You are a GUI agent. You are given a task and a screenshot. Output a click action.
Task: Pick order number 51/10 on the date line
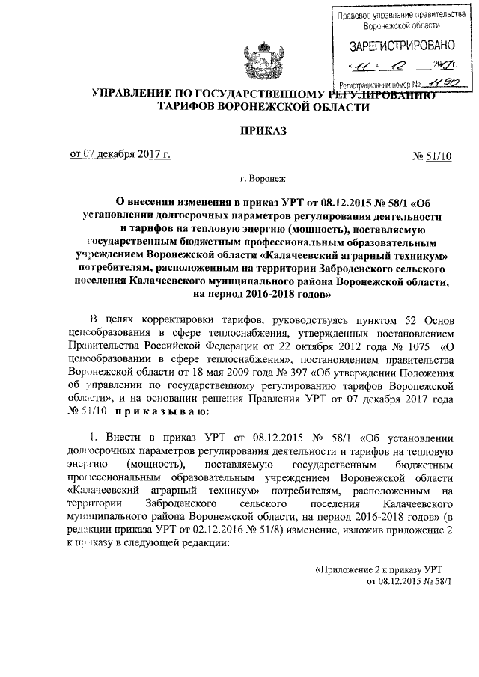click(442, 156)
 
